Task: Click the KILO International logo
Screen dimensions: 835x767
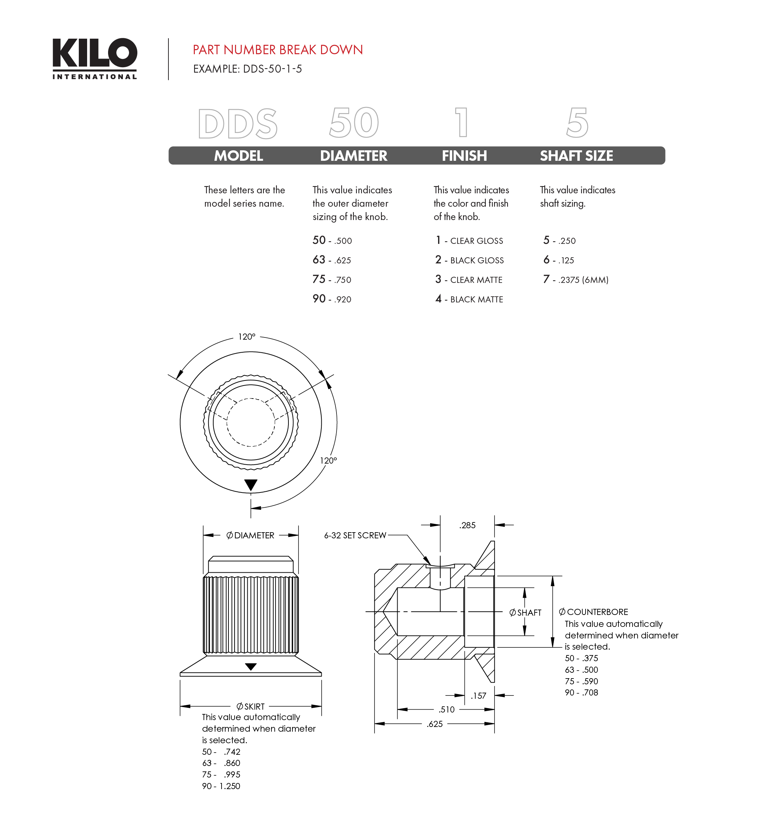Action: pos(95,58)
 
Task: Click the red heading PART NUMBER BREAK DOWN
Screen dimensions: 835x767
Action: pos(278,50)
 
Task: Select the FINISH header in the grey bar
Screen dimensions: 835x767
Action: pos(464,156)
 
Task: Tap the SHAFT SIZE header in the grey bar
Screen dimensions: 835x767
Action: pos(576,156)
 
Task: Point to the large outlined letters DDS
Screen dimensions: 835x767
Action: pos(237,124)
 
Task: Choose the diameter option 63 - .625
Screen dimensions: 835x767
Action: pos(331,260)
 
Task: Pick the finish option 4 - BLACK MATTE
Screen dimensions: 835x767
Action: pos(469,299)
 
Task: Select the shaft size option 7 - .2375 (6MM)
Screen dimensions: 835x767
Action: pos(576,280)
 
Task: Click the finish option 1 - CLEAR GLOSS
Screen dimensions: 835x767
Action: pos(469,241)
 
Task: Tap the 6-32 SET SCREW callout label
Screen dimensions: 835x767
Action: pos(355,535)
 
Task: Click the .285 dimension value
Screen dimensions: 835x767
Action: pos(467,526)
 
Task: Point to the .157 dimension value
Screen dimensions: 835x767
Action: pos(478,696)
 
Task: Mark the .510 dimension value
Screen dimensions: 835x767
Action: pos(447,710)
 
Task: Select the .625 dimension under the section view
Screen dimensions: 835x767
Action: pos(434,724)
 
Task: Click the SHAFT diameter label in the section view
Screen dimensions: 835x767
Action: pos(526,613)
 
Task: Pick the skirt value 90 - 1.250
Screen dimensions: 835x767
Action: pos(221,786)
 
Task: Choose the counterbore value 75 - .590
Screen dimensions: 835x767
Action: pos(581,681)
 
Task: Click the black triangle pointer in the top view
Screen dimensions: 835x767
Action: pos(251,485)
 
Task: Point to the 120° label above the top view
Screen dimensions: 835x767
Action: pos(247,337)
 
